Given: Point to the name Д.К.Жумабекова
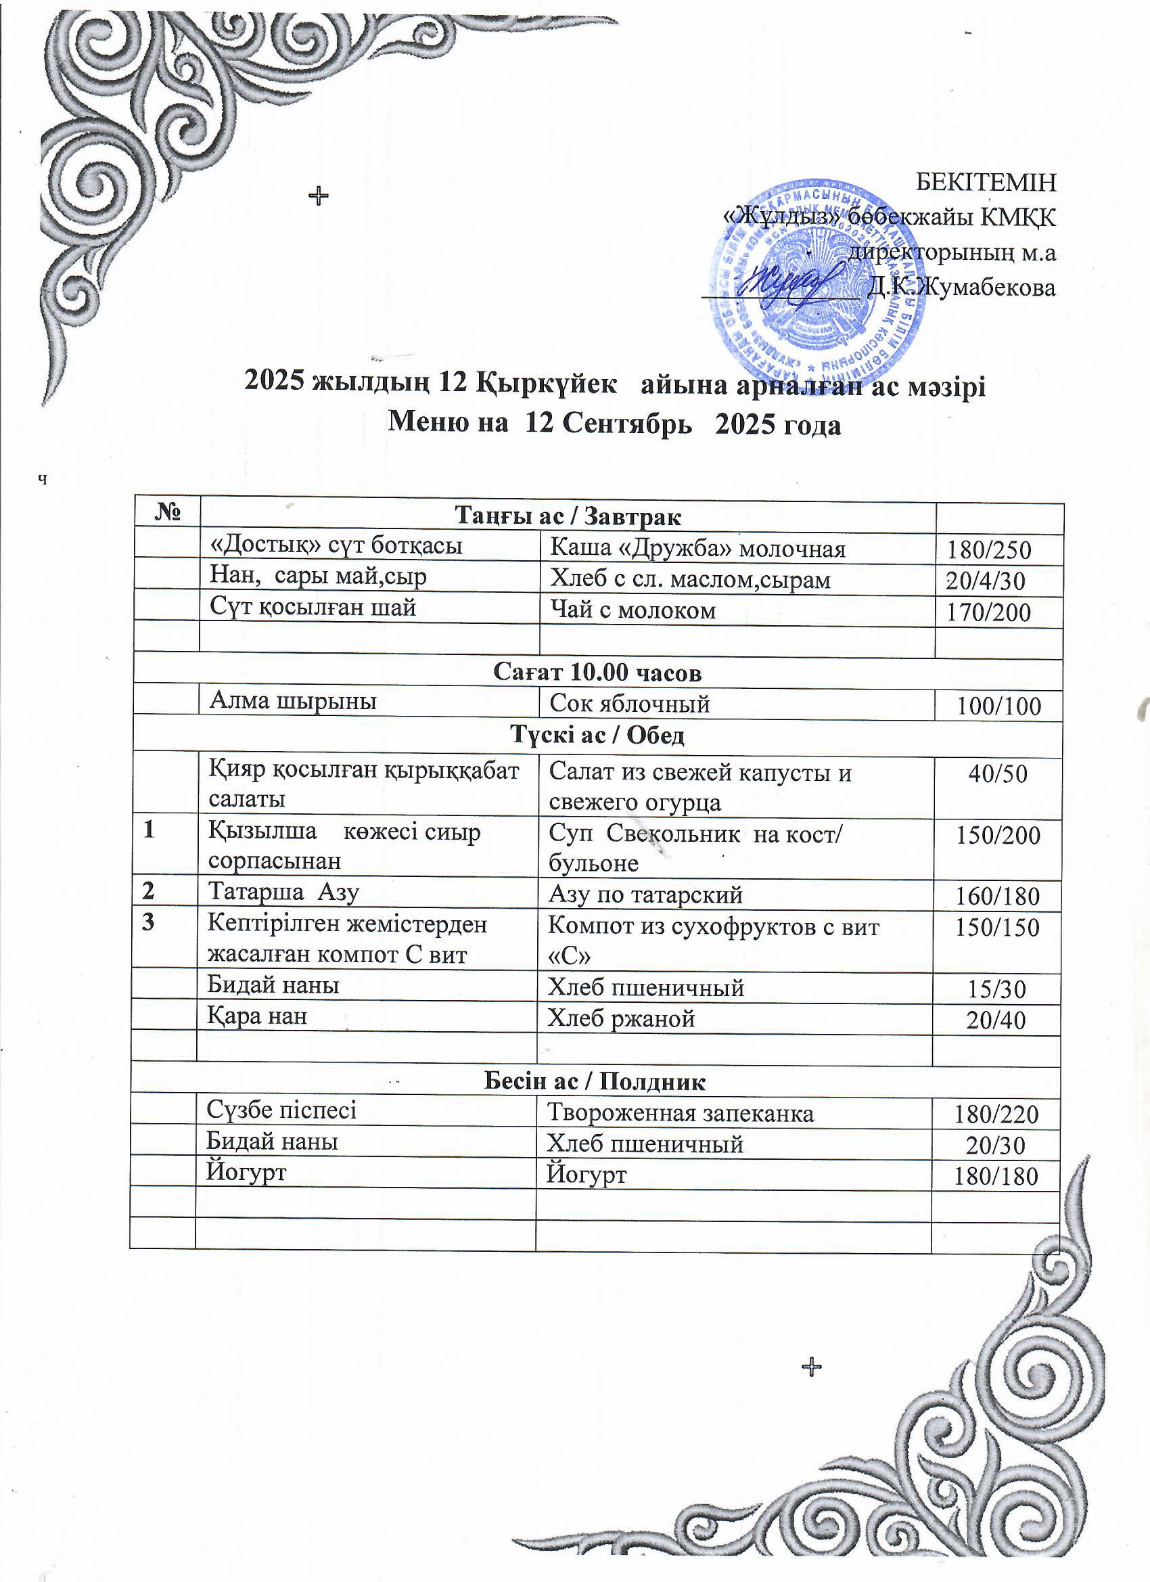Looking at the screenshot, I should pos(961,287).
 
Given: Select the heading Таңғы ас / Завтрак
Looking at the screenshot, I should pos(568,516).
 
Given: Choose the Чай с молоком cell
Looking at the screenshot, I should pos(633,611).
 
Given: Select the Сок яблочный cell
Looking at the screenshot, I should pos(630,704).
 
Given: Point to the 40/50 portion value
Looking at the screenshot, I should pos(997,773).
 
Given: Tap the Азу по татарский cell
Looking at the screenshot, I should pos(645,895).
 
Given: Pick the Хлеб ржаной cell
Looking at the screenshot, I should pos(622,1019).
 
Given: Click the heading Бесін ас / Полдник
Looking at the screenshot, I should pos(595,1082).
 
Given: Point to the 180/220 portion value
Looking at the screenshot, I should pos(996,1114).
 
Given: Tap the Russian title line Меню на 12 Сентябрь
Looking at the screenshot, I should pos(614,424).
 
